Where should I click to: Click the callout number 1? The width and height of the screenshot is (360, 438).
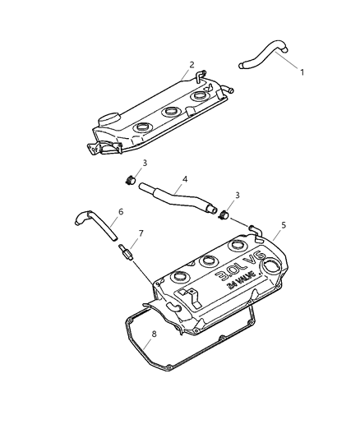tap(302, 72)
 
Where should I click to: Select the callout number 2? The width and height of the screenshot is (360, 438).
tap(192, 64)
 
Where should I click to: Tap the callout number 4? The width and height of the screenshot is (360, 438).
tap(185, 179)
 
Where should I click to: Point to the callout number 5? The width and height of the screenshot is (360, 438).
tap(283, 224)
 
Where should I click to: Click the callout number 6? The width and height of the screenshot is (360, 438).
tap(121, 211)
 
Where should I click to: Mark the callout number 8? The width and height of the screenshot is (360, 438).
tap(153, 334)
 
